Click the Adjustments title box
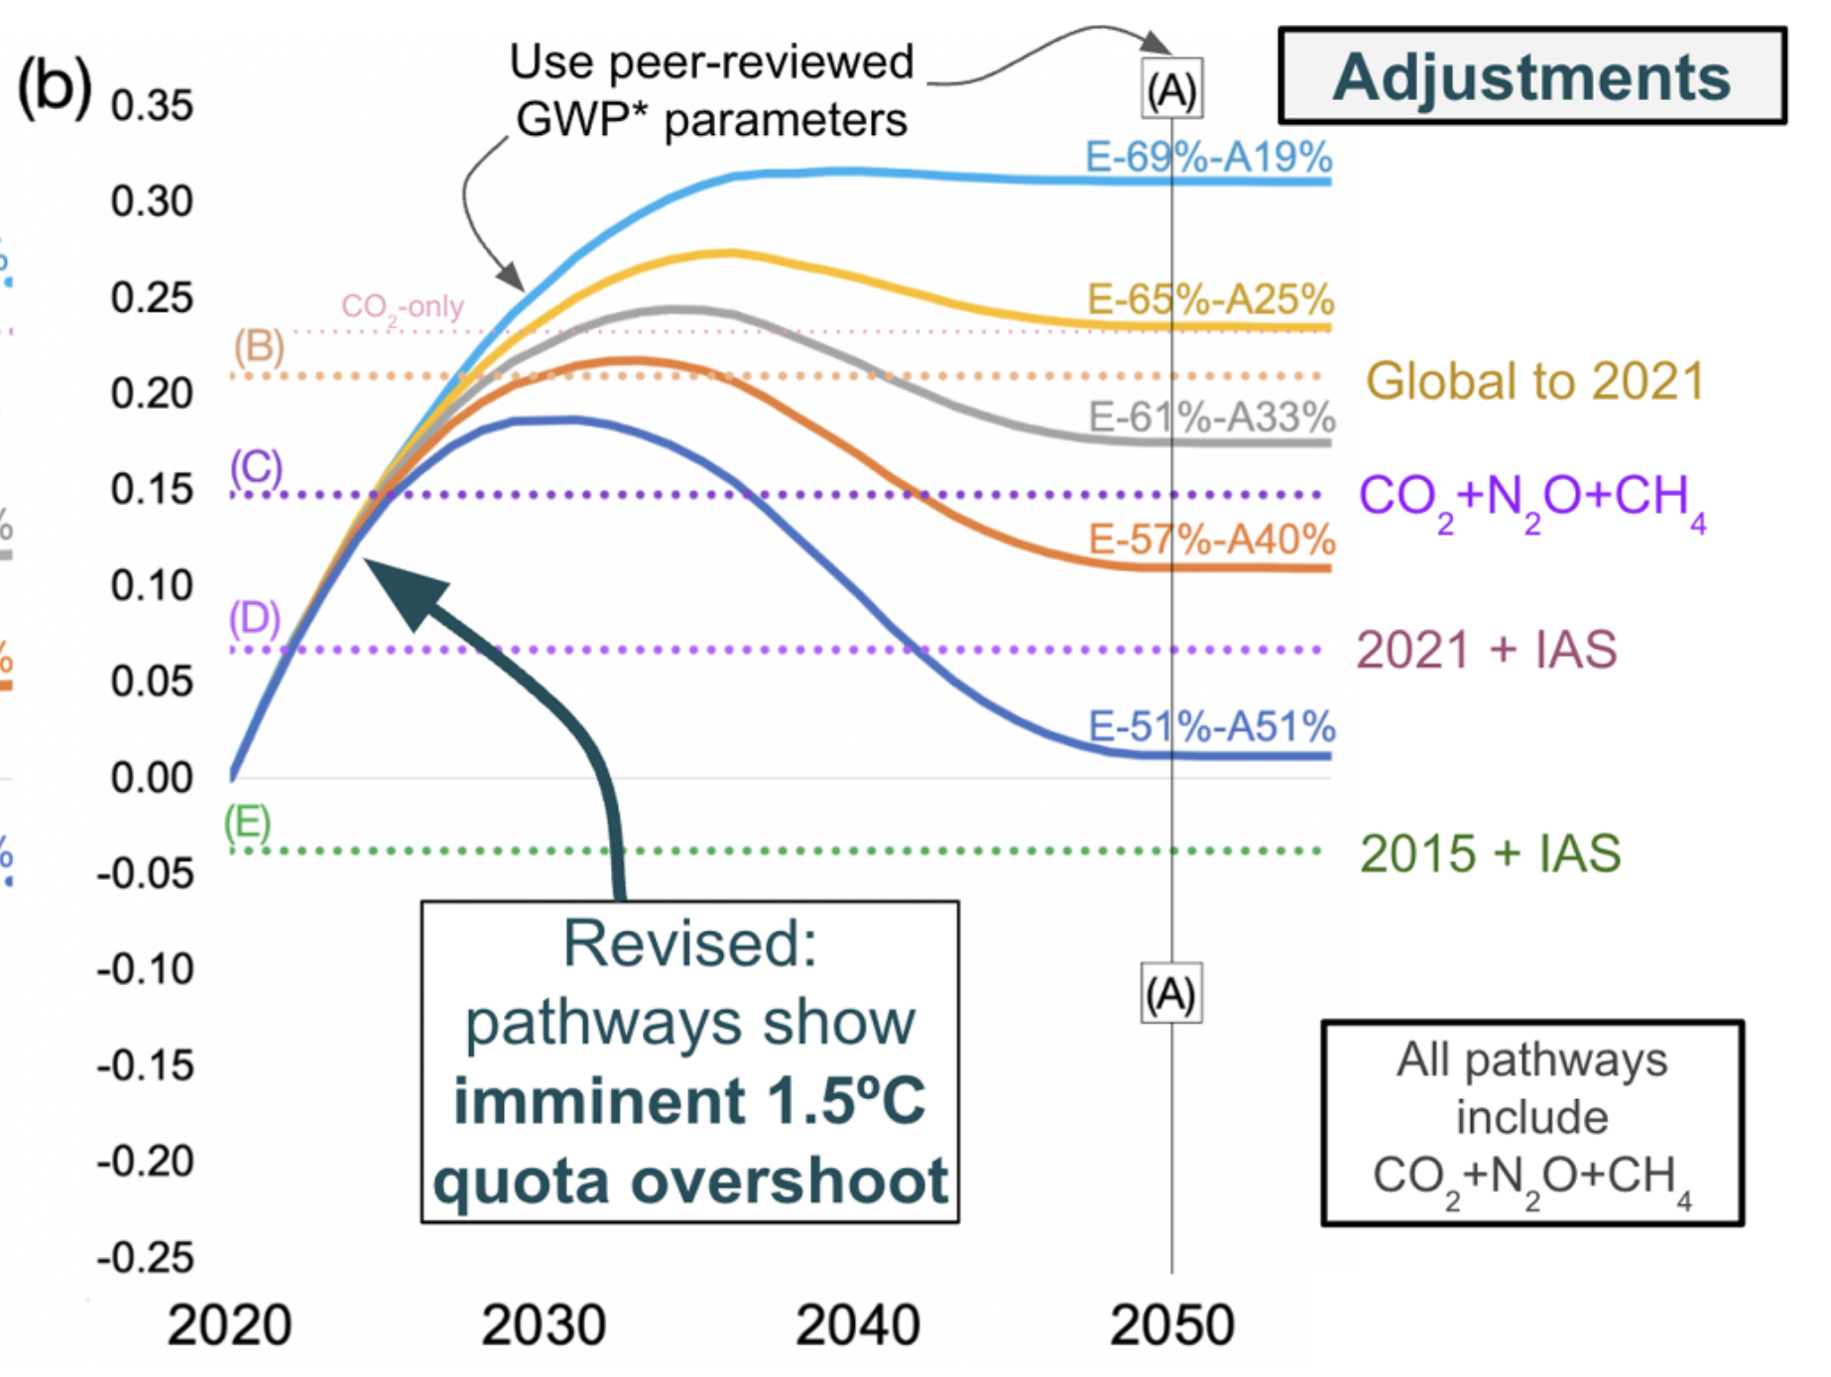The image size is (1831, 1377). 1531,76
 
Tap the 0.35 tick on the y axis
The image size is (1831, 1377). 152,106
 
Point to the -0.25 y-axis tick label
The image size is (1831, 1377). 146,1258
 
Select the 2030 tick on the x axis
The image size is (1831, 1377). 543,1324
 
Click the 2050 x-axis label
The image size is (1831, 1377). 1171,1324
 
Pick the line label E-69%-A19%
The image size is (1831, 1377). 1208,157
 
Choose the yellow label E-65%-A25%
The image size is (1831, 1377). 1210,299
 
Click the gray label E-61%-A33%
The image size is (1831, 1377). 1211,417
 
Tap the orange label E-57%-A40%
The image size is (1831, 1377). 1211,540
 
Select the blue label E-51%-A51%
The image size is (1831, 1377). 1211,727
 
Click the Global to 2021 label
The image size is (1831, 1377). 1534,381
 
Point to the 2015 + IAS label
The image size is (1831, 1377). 1490,853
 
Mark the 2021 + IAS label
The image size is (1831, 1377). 1486,650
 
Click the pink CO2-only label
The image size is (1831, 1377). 402,307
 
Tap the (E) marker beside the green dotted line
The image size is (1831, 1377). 247,822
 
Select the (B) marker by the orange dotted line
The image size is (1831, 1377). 259,346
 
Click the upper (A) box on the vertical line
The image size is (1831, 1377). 1171,90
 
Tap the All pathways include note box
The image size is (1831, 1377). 1531,1122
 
